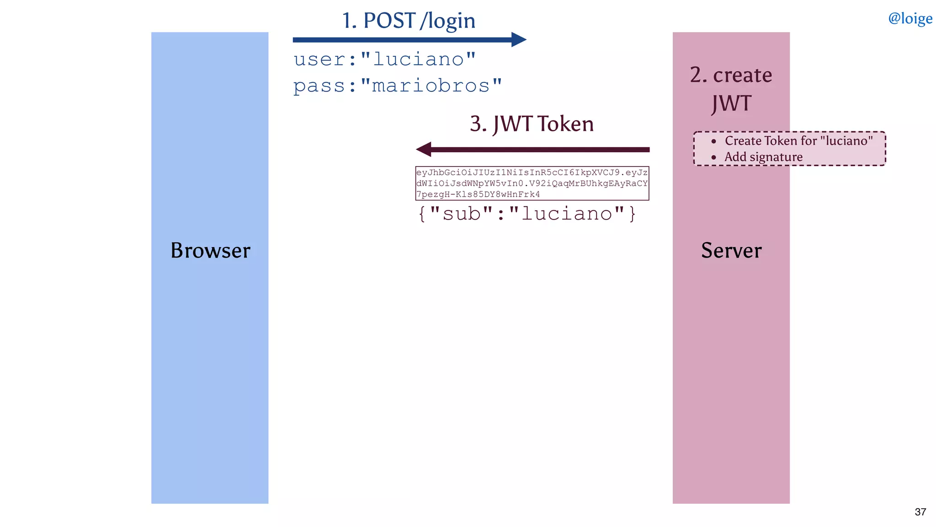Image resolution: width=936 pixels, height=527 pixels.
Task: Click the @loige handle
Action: (909, 18)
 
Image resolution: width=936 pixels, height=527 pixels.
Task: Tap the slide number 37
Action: (920, 512)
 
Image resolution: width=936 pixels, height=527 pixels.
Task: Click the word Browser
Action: (210, 250)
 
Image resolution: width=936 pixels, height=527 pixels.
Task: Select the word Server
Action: (731, 250)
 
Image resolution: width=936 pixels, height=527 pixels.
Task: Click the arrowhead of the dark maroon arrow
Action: (424, 149)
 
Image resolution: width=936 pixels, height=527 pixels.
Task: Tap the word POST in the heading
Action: (389, 21)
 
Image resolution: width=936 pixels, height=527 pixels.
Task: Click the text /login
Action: (447, 22)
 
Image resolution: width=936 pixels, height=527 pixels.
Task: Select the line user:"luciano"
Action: (385, 59)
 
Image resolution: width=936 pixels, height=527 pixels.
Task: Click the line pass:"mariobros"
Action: (398, 86)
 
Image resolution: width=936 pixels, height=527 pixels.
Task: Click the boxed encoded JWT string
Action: (532, 183)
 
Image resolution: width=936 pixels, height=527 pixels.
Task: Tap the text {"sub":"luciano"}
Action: (527, 214)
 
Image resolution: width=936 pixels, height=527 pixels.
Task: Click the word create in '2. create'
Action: (742, 75)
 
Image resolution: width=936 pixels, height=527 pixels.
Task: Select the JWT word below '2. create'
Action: (731, 103)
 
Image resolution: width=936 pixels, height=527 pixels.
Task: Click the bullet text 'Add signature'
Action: (763, 157)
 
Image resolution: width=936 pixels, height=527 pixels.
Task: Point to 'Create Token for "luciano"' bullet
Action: (798, 140)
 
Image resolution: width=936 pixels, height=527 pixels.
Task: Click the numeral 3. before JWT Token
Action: (478, 124)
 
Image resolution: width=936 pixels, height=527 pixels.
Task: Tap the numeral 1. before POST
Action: (350, 21)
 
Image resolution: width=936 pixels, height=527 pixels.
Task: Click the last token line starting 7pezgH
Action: (478, 194)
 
